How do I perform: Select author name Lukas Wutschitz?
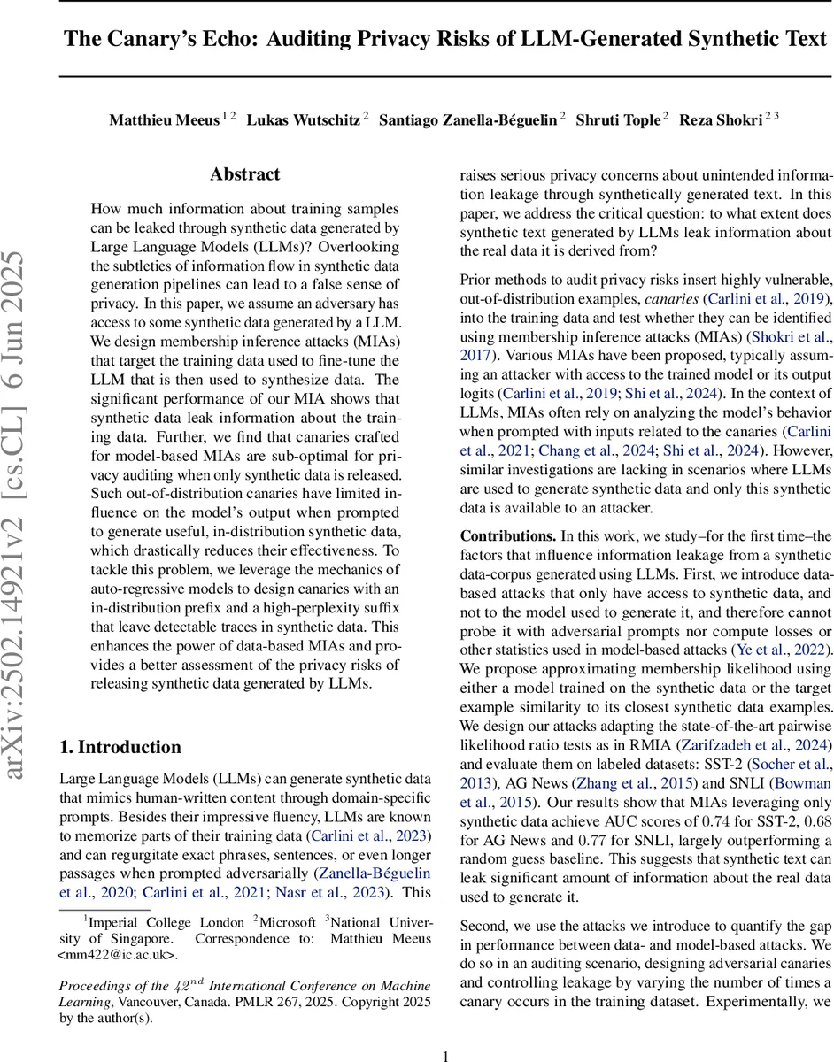coord(300,120)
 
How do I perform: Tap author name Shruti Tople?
coord(616,120)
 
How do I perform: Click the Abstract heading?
coord(245,174)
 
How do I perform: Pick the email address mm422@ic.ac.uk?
coord(117,955)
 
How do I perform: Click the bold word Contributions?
coord(506,536)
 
